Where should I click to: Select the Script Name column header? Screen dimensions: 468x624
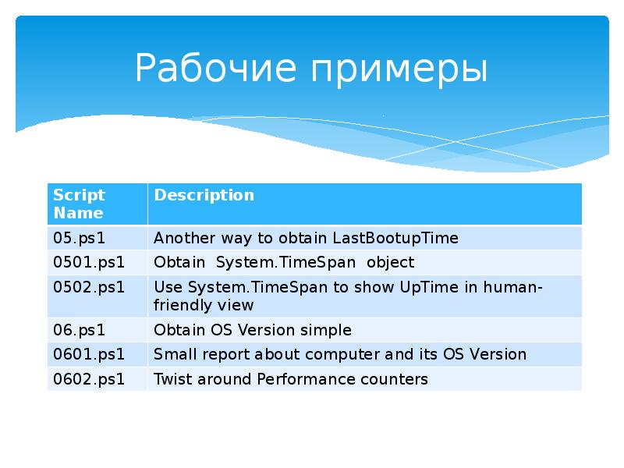(79, 203)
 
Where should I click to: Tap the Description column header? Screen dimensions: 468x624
(204, 195)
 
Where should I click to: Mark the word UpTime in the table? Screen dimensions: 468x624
(425, 286)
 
